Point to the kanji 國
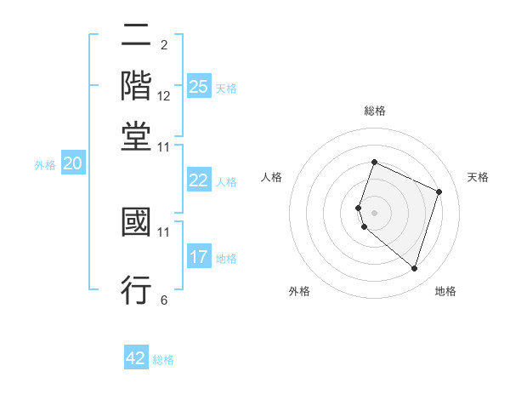coord(136,224)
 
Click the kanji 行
coord(136,289)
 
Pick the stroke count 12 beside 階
coord(164,96)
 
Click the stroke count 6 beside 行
coord(164,300)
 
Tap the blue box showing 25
coord(199,86)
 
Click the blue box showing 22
coord(199,180)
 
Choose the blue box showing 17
coord(199,256)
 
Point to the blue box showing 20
coord(72,164)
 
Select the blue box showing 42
coord(136,358)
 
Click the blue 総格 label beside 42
coord(163,360)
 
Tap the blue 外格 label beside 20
coord(45,166)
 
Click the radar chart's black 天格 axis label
coord(478,177)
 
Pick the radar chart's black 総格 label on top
coord(374,111)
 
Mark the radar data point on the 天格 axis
coord(439,191)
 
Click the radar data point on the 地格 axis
coord(414,268)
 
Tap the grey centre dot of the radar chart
coord(374,213)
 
